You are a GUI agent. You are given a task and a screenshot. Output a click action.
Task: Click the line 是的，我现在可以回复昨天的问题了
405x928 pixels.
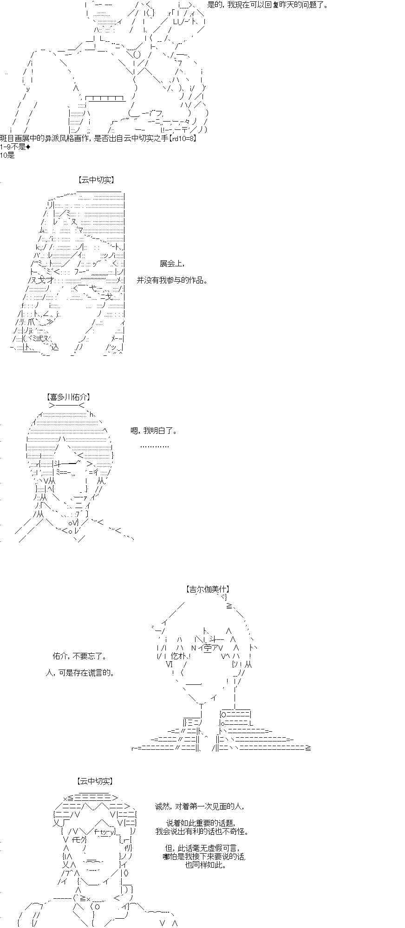[x=268, y=6]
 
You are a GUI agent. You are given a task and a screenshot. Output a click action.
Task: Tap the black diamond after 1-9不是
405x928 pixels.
[x=28, y=147]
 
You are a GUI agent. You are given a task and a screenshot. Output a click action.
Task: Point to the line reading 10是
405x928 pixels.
[x=7, y=155]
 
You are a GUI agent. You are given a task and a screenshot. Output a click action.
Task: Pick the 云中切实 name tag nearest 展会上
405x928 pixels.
[x=96, y=180]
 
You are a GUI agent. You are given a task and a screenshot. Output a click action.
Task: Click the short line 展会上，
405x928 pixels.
[x=172, y=264]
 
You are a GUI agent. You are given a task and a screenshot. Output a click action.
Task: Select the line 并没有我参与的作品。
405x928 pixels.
[x=172, y=280]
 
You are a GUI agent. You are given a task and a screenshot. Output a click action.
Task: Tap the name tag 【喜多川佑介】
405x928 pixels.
[x=68, y=397]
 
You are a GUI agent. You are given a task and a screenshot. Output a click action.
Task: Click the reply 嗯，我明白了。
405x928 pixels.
[x=154, y=431]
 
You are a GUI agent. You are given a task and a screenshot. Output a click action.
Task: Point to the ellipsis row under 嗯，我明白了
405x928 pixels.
[x=154, y=446]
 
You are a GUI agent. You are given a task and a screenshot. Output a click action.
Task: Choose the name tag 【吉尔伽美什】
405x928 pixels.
[x=208, y=589]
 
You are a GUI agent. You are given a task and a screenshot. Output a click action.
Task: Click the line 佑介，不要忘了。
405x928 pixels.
[x=80, y=656]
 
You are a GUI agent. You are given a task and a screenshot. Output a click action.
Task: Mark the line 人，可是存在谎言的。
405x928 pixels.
[x=80, y=672]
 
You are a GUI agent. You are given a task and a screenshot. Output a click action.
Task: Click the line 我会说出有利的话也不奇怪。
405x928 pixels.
[x=202, y=831]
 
